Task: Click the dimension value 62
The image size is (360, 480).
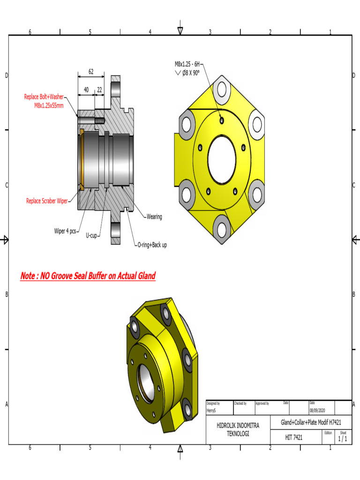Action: [91, 72]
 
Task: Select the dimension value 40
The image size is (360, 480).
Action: [86, 90]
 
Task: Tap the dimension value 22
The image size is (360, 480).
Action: [99, 90]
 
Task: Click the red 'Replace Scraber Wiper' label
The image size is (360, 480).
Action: [46, 201]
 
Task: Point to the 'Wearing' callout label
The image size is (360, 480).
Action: [154, 217]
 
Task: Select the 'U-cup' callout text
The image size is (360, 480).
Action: [91, 236]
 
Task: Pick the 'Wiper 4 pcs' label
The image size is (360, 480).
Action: [65, 231]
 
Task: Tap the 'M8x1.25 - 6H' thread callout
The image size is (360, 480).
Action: [187, 64]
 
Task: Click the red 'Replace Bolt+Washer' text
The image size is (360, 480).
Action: [44, 97]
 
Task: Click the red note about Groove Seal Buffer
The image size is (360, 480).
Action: [88, 276]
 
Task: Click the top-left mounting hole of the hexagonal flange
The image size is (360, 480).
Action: [187, 124]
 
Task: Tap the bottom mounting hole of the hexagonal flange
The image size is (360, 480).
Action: [222, 229]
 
